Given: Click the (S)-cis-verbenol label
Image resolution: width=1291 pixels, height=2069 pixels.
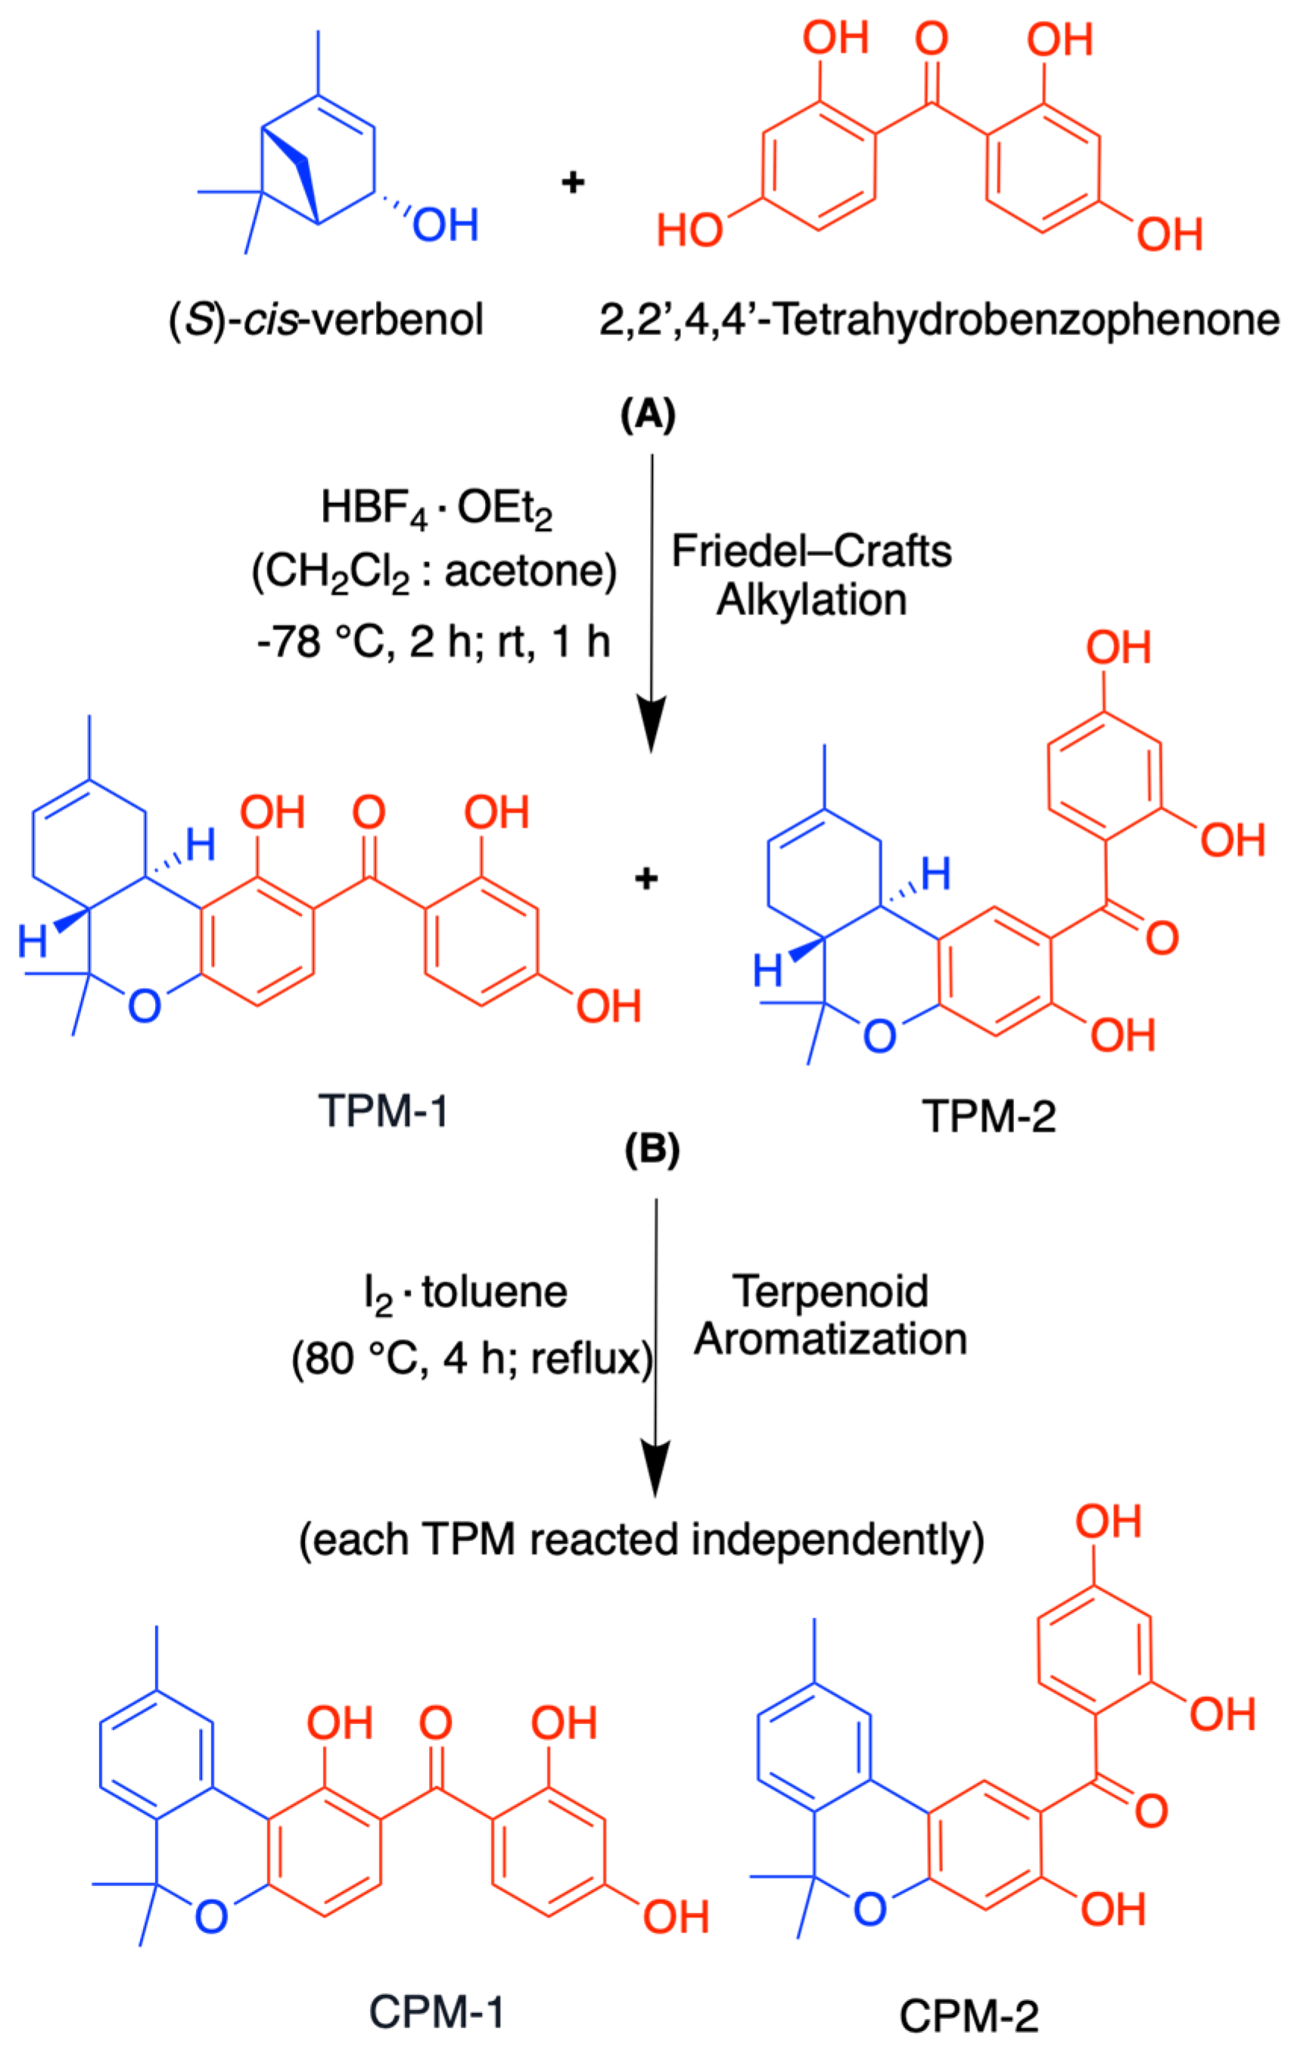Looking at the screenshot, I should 327,321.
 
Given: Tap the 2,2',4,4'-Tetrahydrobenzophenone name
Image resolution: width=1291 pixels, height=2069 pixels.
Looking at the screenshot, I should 938,321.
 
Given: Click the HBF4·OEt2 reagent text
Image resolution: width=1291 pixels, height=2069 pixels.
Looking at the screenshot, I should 437,510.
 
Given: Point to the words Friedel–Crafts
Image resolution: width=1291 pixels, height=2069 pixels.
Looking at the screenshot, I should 811,551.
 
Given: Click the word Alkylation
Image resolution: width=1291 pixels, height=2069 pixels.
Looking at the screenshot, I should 811,599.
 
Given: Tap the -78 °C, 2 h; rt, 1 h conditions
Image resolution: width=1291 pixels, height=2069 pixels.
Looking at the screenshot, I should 434,641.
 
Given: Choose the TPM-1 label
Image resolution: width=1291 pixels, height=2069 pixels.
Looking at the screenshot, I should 384,1111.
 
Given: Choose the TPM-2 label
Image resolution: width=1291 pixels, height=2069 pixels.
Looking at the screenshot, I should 989,1116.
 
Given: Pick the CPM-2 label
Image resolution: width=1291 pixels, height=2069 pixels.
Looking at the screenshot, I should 969,2016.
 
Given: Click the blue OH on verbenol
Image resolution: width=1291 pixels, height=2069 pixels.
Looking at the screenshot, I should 445,225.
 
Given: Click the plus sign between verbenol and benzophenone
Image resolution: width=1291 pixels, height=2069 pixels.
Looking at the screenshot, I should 573,182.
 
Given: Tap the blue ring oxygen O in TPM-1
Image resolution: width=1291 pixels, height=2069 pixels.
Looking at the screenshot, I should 145,1006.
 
